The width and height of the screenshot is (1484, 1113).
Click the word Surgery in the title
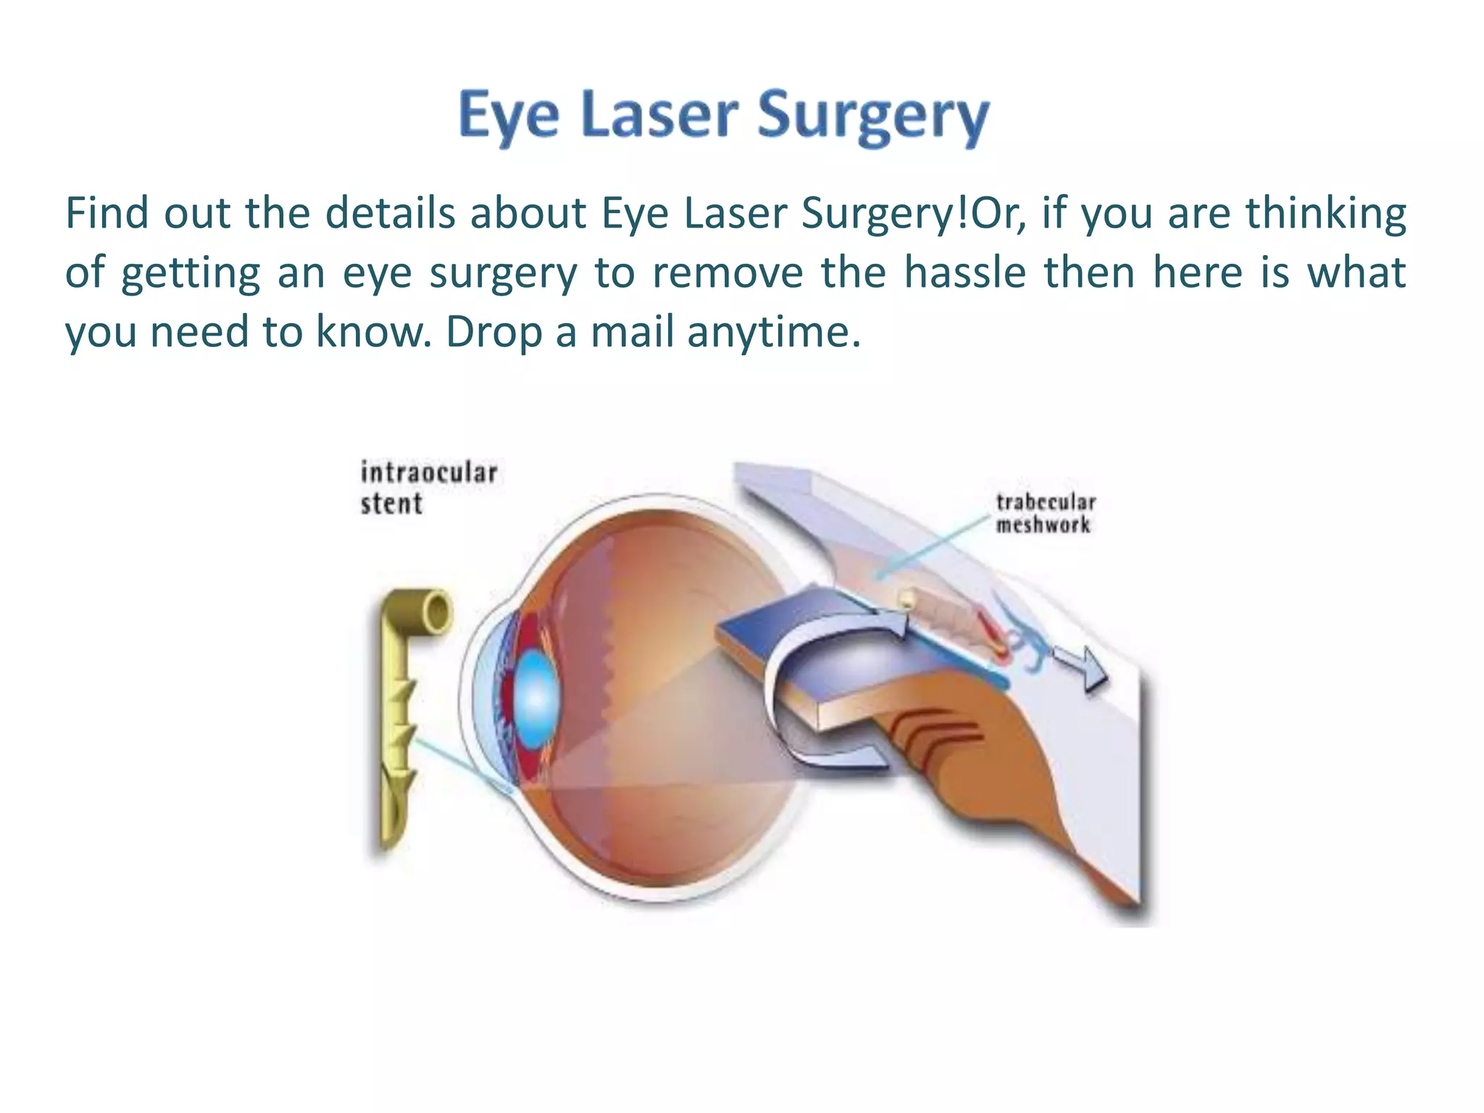click(873, 118)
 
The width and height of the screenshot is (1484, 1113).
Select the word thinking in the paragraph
click(1326, 215)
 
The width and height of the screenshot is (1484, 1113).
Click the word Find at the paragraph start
click(107, 214)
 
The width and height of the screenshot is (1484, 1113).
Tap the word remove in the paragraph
click(727, 274)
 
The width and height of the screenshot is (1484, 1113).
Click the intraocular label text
click(429, 473)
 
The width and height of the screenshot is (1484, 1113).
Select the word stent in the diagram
click(391, 504)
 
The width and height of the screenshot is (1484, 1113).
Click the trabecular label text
click(1045, 502)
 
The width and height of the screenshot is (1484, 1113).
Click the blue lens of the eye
click(535, 699)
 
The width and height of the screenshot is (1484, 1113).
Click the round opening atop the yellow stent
click(436, 614)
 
